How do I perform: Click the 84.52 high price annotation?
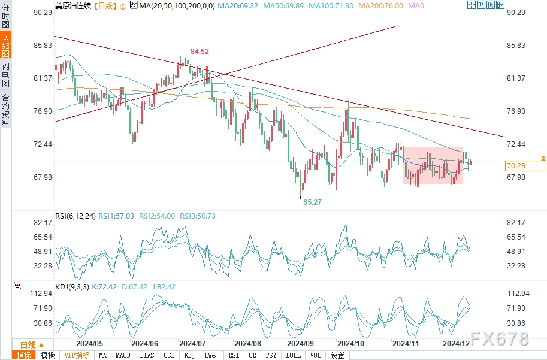(x=200, y=52)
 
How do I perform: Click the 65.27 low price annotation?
(x=312, y=202)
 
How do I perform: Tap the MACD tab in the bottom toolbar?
(x=123, y=355)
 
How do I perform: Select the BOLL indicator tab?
(x=293, y=355)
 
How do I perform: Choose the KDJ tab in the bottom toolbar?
(x=189, y=355)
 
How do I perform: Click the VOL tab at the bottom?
(x=315, y=355)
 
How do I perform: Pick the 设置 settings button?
(x=338, y=355)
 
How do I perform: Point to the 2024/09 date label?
(x=301, y=344)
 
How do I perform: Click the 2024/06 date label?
(x=144, y=344)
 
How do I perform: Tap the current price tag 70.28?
(x=516, y=165)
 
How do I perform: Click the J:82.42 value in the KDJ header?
(x=163, y=287)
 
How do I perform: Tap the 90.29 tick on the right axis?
(x=516, y=12)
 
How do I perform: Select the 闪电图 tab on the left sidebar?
(x=5, y=75)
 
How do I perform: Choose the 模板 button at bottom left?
(x=48, y=355)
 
